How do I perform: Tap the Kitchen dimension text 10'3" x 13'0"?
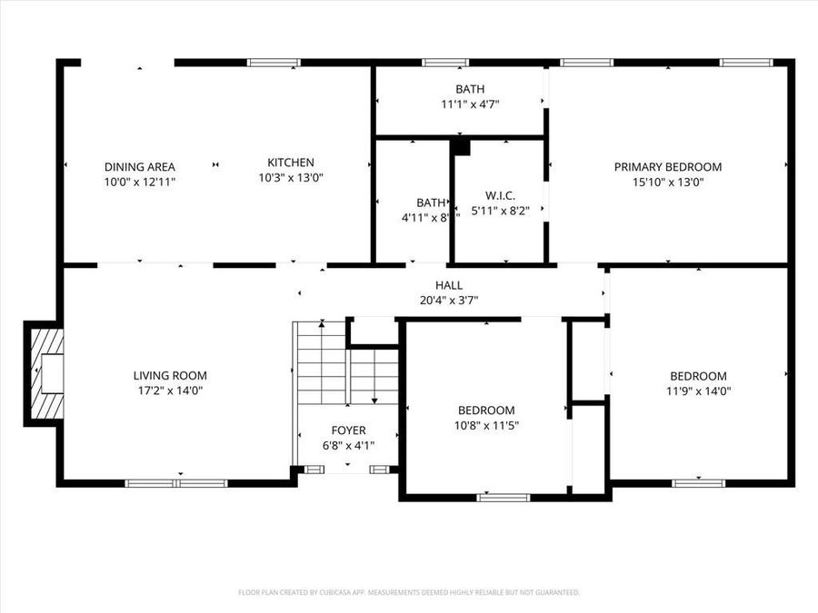tap(290, 178)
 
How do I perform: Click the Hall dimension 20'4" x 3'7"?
tap(448, 300)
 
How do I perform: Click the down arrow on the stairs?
tap(374, 398)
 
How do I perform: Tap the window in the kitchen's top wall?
tap(274, 64)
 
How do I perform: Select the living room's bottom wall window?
tap(176, 483)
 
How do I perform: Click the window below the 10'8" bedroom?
tap(504, 497)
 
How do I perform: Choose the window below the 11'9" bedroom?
tap(698, 483)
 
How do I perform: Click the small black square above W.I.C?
tap(461, 146)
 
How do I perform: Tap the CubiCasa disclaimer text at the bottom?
tap(408, 592)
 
